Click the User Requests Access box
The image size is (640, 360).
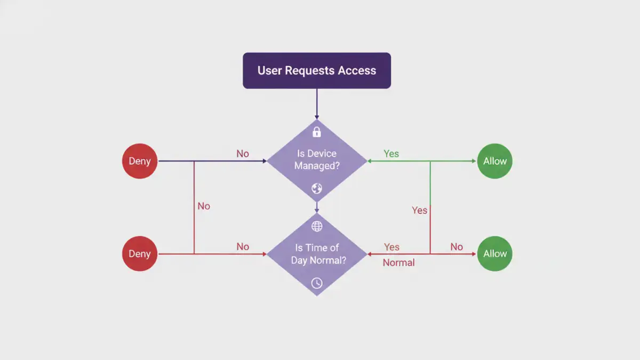pyautogui.click(x=317, y=70)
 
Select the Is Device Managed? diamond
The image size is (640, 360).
pyautogui.click(x=317, y=160)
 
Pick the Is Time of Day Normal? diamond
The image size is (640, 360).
pyautogui.click(x=317, y=254)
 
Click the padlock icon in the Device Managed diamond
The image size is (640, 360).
pyautogui.click(x=317, y=132)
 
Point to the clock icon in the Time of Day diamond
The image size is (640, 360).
pyautogui.click(x=317, y=283)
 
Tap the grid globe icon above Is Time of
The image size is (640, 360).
pyautogui.click(x=317, y=226)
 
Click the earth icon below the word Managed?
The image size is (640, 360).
pyautogui.click(x=317, y=188)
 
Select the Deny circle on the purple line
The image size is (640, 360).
pyautogui.click(x=140, y=161)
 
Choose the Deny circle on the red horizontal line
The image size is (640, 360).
pyautogui.click(x=140, y=254)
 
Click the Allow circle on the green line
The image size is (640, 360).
pyautogui.click(x=495, y=161)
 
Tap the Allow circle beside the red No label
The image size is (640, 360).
pyautogui.click(x=495, y=254)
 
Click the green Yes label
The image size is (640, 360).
pyautogui.click(x=391, y=154)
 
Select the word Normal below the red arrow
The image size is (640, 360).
pyautogui.click(x=398, y=262)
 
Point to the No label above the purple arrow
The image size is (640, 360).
pyautogui.click(x=243, y=154)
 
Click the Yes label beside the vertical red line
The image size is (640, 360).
pyautogui.click(x=419, y=210)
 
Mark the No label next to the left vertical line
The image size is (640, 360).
pyautogui.click(x=204, y=206)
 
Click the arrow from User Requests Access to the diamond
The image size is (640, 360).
pyautogui.click(x=317, y=104)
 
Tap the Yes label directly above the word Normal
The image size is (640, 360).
pyautogui.click(x=391, y=247)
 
